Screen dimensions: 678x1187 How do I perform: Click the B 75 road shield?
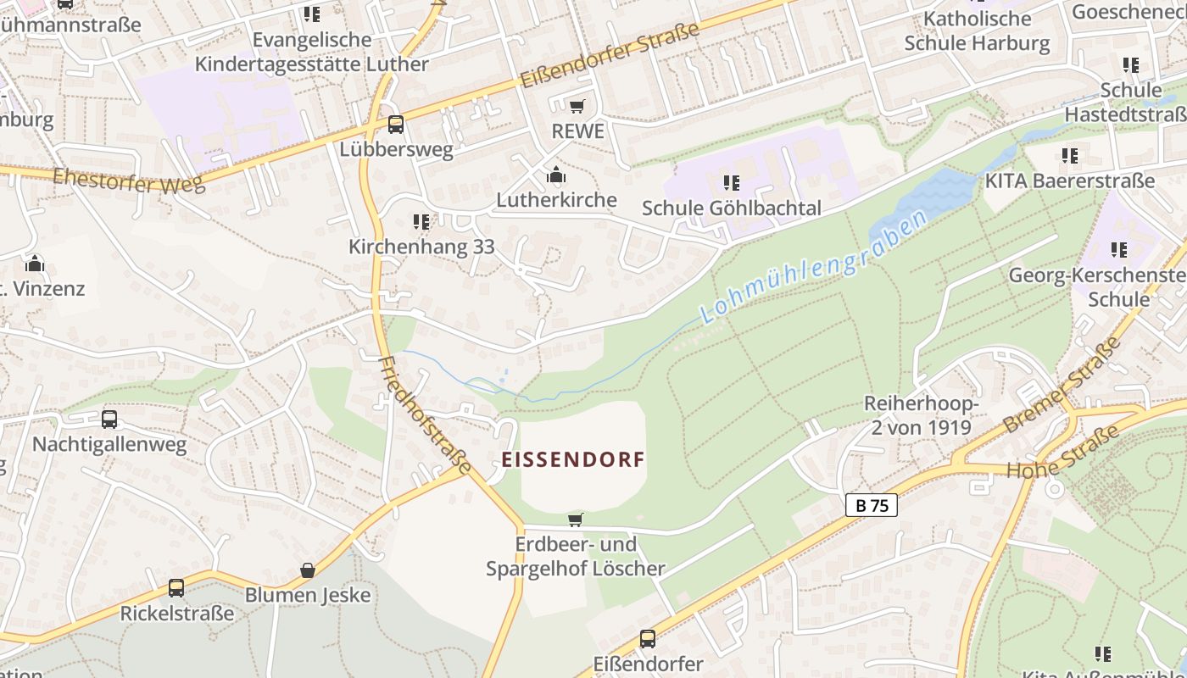coord(872,506)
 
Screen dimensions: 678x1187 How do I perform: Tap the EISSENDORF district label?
coord(573,459)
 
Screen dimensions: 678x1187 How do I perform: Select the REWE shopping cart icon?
coord(577,106)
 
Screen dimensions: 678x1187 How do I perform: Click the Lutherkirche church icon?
coord(556,175)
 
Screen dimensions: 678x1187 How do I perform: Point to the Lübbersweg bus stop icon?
coord(396,125)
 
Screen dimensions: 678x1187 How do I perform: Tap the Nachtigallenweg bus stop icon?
coord(109,419)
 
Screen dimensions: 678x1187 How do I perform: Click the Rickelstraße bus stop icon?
coord(176,587)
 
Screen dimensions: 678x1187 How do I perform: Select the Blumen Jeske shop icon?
coord(308,570)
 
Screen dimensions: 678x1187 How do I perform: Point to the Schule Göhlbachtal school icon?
coord(732,182)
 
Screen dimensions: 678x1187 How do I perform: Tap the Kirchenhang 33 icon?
coord(421,222)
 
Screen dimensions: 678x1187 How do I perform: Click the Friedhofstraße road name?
coord(425,415)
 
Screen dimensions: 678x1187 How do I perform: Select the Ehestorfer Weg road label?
coord(129,181)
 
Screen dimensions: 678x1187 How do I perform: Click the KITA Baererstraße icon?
coord(1070,156)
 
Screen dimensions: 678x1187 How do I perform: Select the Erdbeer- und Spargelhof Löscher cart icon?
coord(576,520)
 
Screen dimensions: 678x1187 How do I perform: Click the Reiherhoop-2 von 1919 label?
coord(922,415)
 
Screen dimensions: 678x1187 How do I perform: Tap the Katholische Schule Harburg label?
coord(977,31)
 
